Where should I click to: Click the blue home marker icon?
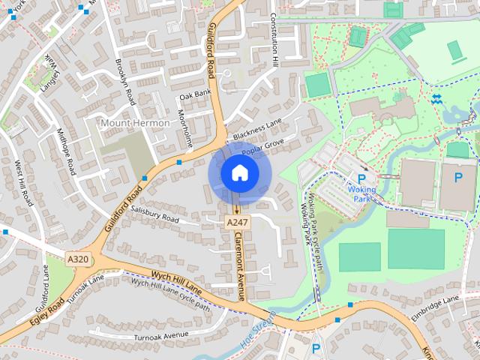pyautogui.click(x=239, y=173)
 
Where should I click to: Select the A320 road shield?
pyautogui.click(x=78, y=259)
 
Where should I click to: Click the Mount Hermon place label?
pyautogui.click(x=135, y=122)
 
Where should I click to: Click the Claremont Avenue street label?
pyautogui.click(x=241, y=265)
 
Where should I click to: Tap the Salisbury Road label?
pyautogui.click(x=154, y=214)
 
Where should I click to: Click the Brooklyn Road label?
pyautogui.click(x=124, y=80)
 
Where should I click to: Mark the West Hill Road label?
pyautogui.click(x=23, y=183)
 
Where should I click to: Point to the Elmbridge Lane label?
pyautogui.click(x=434, y=307)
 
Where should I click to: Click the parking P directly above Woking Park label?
pyautogui.click(x=362, y=178)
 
